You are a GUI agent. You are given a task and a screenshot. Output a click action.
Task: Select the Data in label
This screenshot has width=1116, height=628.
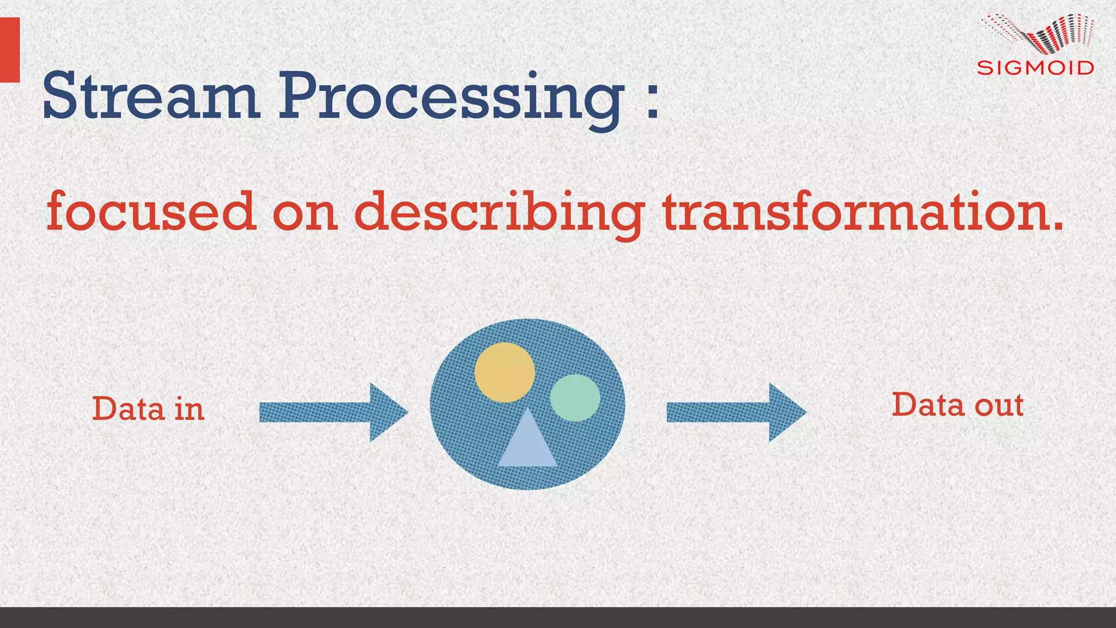148,408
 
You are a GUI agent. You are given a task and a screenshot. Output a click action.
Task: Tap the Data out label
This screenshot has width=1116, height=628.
957,405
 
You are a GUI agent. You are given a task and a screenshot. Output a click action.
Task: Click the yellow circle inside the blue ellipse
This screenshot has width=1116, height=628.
504,372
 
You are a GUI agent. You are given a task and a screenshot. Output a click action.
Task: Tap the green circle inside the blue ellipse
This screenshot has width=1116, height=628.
575,398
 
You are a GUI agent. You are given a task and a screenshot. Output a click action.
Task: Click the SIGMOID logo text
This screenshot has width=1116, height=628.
1035,68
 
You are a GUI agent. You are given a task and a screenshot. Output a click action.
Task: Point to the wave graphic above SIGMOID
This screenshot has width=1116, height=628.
1038,34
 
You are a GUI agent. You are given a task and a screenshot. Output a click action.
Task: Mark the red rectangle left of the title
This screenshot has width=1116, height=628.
10,50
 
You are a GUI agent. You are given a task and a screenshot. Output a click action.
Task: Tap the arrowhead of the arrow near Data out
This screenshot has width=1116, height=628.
786,412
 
